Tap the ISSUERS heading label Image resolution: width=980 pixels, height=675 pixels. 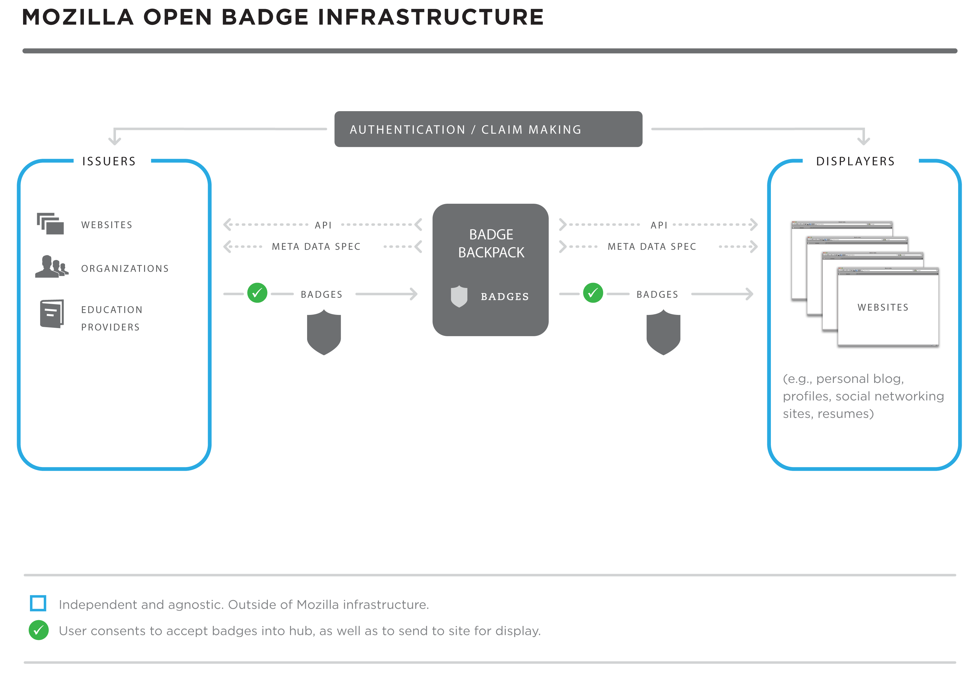click(109, 161)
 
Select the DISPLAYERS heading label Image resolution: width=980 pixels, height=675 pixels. click(855, 161)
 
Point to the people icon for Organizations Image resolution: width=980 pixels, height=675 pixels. click(52, 266)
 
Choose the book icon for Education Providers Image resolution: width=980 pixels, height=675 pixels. click(52, 314)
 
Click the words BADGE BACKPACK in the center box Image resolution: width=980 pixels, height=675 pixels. click(491, 243)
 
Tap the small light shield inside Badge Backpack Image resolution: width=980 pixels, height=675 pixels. click(459, 297)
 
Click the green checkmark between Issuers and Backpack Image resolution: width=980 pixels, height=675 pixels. click(257, 293)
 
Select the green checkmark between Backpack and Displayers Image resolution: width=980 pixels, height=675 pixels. click(593, 293)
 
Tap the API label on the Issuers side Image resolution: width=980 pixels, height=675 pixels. click(323, 225)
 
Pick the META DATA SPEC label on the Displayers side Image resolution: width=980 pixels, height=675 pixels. click(652, 247)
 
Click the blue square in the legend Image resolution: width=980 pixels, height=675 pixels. click(38, 603)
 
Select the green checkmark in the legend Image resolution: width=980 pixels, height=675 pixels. click(38, 630)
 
